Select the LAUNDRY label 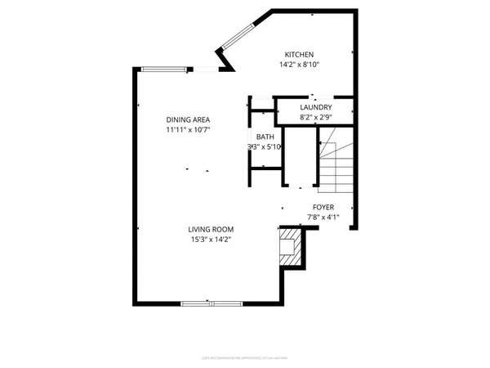315,107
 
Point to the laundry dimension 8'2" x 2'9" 315,118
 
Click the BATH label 264,137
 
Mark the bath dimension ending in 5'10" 264,147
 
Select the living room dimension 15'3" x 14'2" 212,240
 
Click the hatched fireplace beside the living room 289,247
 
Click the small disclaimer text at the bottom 244,357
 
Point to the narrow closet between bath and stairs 299,155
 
